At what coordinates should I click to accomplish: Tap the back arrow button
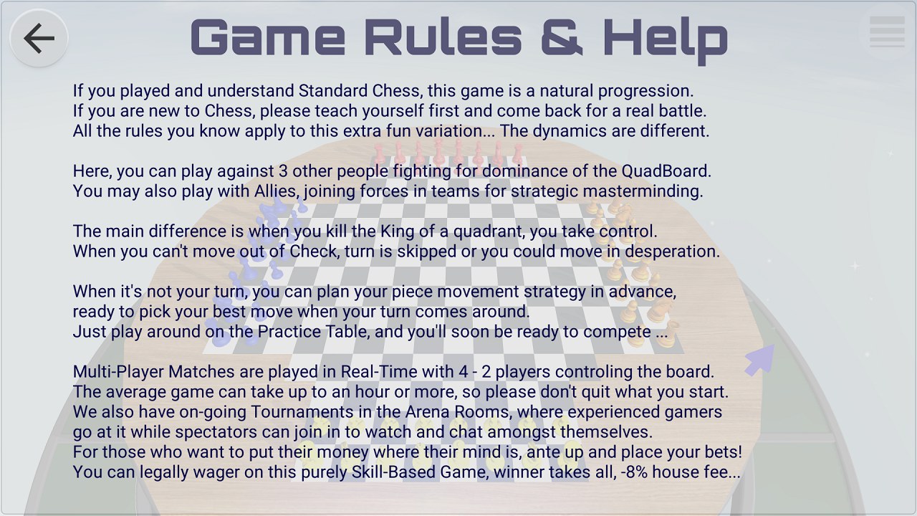pos(39,38)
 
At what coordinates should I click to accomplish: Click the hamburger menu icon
pos(887,32)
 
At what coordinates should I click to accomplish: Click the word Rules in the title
pos(443,37)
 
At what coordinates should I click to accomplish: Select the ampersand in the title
pos(562,37)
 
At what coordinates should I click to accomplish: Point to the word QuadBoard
pos(666,171)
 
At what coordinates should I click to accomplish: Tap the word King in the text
pos(397,231)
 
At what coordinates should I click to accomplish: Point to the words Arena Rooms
pos(457,412)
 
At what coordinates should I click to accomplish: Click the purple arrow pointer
pos(760,360)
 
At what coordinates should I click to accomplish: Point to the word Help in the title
pos(666,39)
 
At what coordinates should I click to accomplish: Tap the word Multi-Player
pos(118,372)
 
